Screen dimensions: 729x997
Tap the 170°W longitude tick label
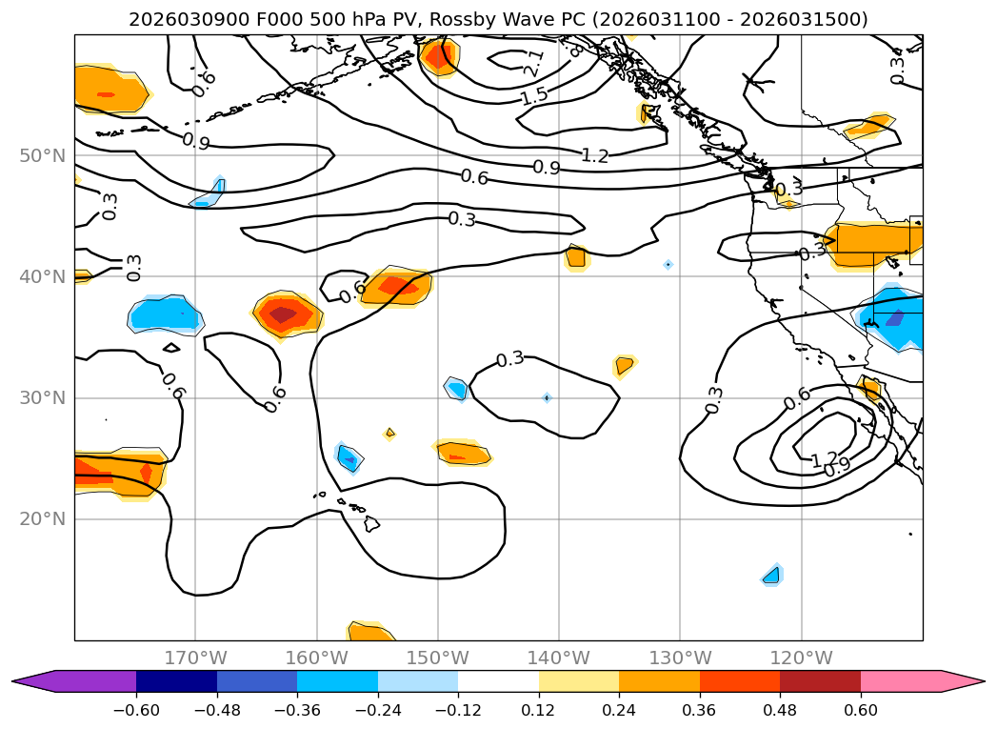(195, 658)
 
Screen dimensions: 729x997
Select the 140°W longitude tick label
(559, 658)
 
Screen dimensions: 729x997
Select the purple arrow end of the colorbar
(29, 681)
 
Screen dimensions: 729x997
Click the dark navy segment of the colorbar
(176, 681)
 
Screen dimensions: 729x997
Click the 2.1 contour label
(534, 64)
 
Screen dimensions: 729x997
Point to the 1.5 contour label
(534, 96)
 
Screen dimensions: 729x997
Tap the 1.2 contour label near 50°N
(595, 155)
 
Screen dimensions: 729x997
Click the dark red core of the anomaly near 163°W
(283, 314)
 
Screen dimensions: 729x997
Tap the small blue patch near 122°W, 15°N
(771, 575)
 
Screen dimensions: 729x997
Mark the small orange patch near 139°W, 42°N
(575, 256)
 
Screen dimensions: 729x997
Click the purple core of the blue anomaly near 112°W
(894, 318)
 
